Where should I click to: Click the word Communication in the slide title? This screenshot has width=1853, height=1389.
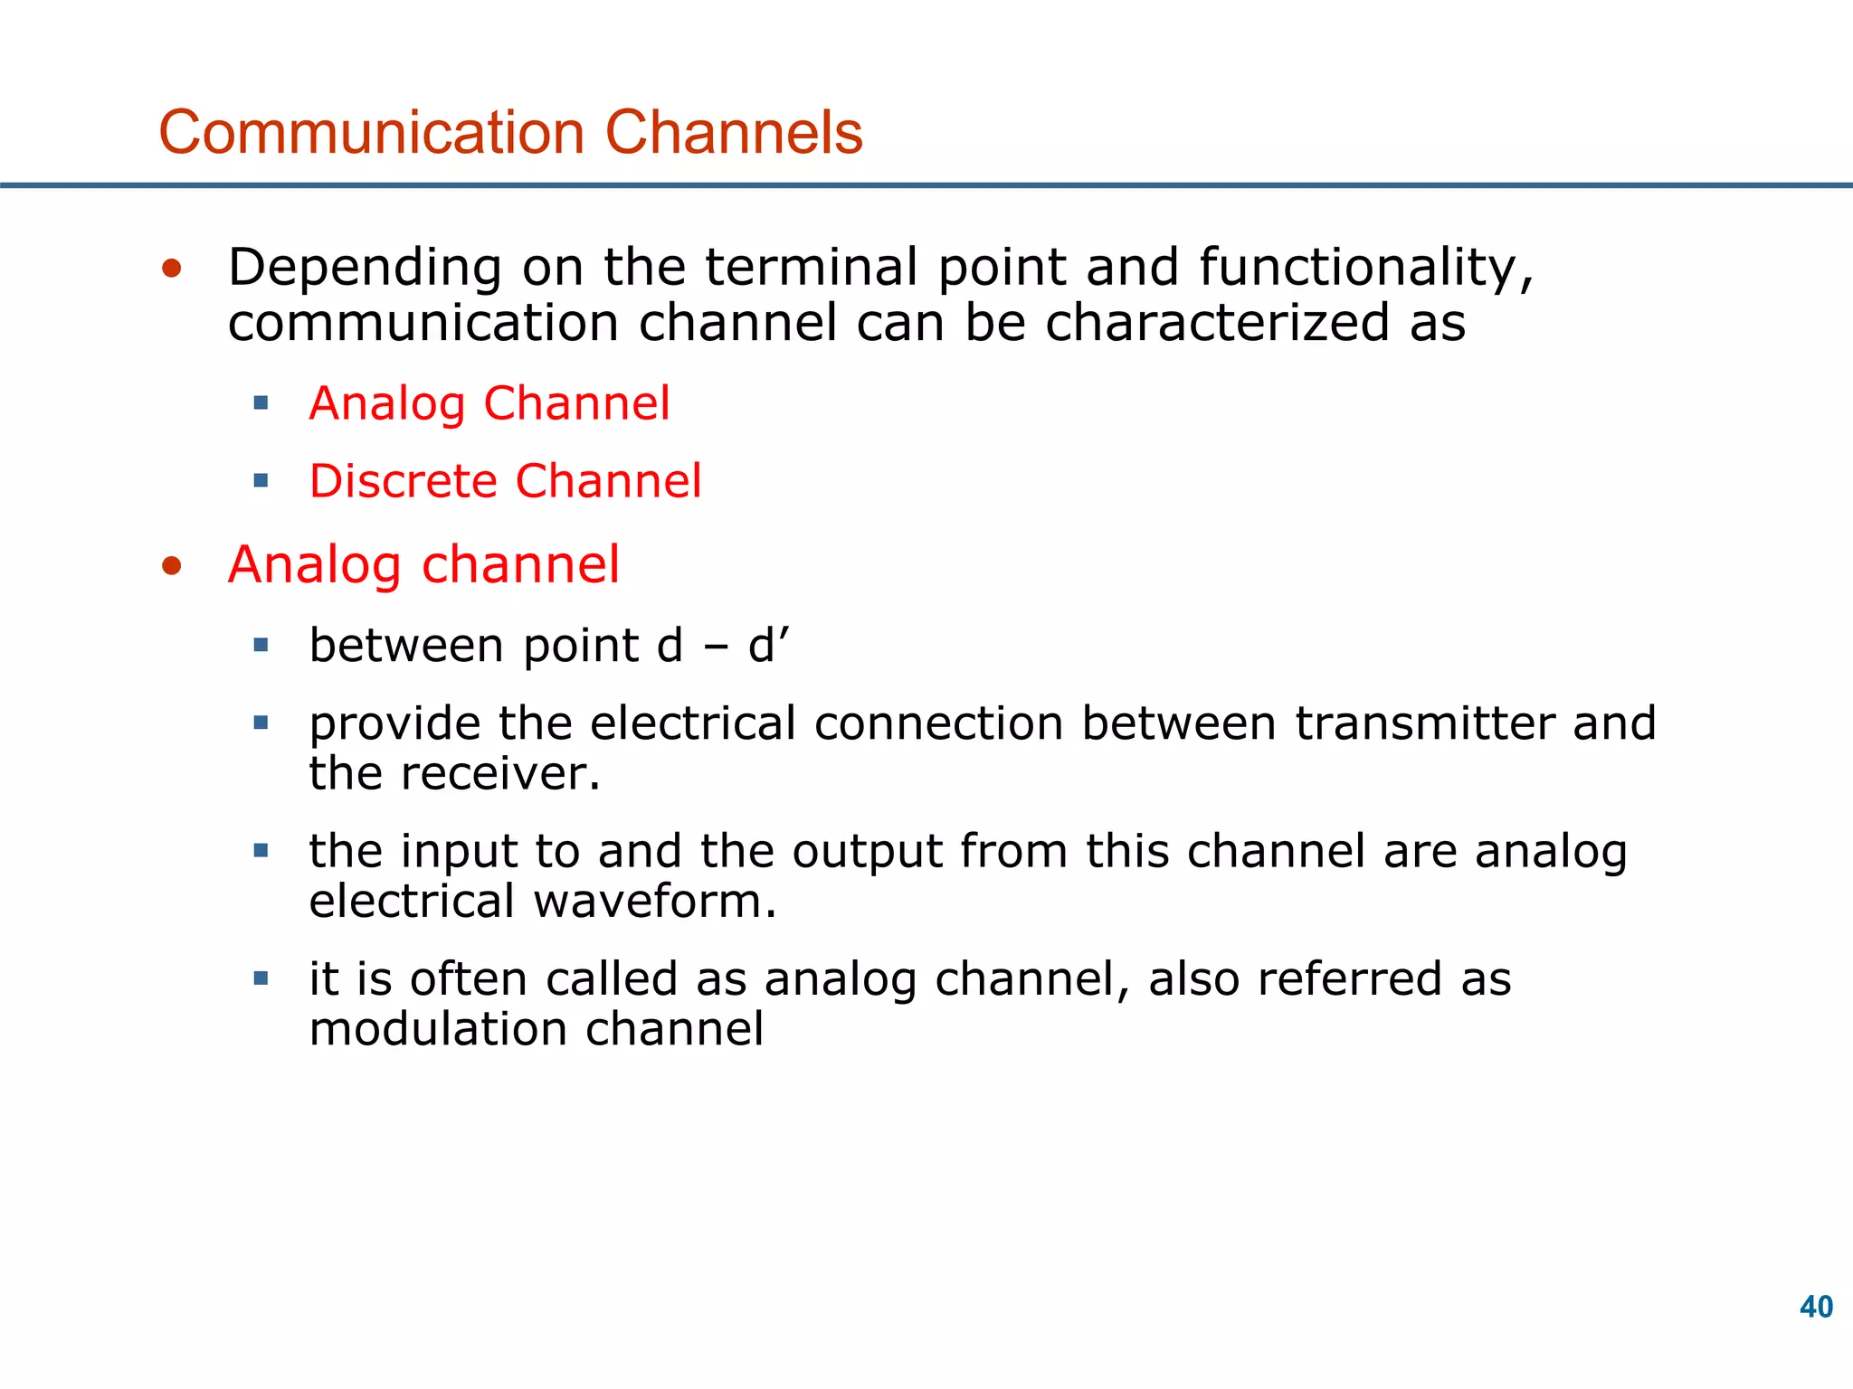[372, 133]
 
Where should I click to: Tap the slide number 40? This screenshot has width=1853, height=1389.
[1816, 1307]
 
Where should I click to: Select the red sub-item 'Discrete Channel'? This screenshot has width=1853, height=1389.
[505, 480]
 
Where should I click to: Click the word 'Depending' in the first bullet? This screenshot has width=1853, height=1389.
[365, 269]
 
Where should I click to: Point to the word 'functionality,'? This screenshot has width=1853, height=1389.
[1366, 269]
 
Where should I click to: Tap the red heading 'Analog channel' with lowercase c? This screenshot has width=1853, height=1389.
[423, 565]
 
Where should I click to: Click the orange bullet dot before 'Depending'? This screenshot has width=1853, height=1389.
[172, 269]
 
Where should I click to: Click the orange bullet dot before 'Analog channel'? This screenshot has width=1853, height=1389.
[172, 567]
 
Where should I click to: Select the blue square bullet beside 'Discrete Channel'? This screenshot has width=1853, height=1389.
[261, 480]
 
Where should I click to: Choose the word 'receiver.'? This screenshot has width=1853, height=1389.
[500, 774]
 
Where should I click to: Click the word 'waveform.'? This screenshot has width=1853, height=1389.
[654, 902]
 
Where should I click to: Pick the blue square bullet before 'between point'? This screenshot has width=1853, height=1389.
[261, 646]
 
